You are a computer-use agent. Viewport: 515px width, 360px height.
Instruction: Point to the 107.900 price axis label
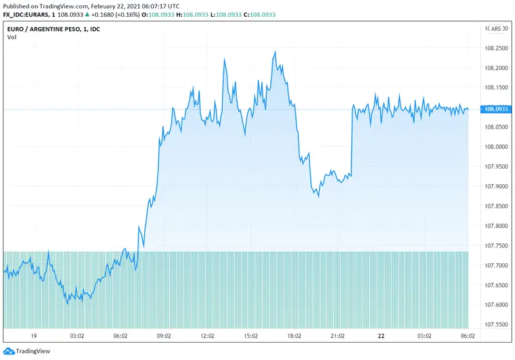495,186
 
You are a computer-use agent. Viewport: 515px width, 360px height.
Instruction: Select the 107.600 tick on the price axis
495,305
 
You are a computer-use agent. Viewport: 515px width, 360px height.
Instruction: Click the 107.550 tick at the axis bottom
495,324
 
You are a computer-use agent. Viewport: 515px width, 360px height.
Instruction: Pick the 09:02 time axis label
164,336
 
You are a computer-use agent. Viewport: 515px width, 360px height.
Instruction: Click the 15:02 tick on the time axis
251,336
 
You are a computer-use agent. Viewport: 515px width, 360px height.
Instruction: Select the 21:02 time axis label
338,336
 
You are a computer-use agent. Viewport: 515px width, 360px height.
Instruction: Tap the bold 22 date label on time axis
381,336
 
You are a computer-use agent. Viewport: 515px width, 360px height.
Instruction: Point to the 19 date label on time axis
33,336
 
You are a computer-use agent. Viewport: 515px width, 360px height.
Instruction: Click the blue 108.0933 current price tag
496,109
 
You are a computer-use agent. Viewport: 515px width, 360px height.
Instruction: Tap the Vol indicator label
12,37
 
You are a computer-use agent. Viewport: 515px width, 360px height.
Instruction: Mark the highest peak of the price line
275,52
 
